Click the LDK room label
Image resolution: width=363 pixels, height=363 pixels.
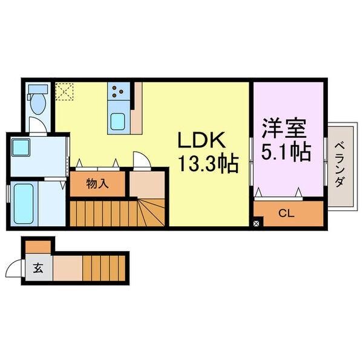(x=201, y=140)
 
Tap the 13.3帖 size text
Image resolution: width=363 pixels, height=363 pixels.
(x=206, y=163)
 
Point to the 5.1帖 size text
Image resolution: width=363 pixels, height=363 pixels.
(x=286, y=151)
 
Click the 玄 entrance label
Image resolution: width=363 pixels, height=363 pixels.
(x=38, y=268)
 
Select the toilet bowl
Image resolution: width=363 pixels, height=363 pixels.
(x=39, y=102)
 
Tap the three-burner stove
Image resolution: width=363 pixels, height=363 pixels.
(x=117, y=92)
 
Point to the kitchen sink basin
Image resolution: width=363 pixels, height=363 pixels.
(x=117, y=122)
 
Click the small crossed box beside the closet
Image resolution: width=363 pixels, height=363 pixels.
(x=257, y=223)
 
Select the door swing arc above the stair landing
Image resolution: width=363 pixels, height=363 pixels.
(x=141, y=160)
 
